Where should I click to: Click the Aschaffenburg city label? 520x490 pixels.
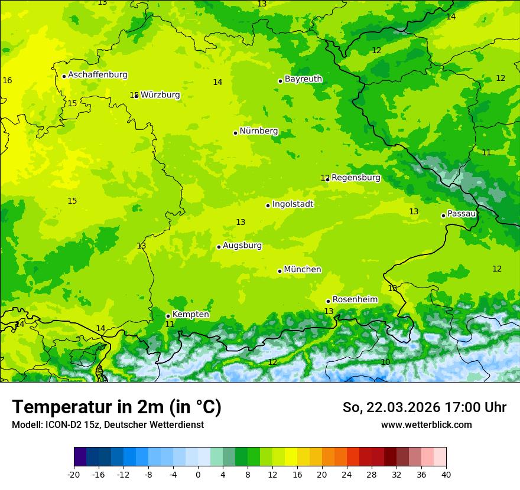97,75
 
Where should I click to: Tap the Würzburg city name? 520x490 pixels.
160,95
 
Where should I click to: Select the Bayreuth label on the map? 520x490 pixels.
303,79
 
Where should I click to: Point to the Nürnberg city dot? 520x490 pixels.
235,133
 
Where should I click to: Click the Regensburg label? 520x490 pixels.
356,178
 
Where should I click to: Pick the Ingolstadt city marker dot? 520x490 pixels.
268,205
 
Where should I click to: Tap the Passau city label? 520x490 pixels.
461,214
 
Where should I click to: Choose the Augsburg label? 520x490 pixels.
242,246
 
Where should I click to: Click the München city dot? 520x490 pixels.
279,271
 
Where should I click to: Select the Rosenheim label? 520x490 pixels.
355,300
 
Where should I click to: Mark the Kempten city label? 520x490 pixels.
190,315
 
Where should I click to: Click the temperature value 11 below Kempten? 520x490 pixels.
170,324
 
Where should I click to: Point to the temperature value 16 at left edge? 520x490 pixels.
7,80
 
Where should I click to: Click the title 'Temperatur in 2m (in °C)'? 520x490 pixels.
116,407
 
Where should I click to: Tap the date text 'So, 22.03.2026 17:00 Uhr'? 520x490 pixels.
424,407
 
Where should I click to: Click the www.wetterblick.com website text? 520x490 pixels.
426,425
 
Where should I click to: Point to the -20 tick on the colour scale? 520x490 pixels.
74,474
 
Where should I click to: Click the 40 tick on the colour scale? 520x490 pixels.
446,474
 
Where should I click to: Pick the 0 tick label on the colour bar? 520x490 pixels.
198,474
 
